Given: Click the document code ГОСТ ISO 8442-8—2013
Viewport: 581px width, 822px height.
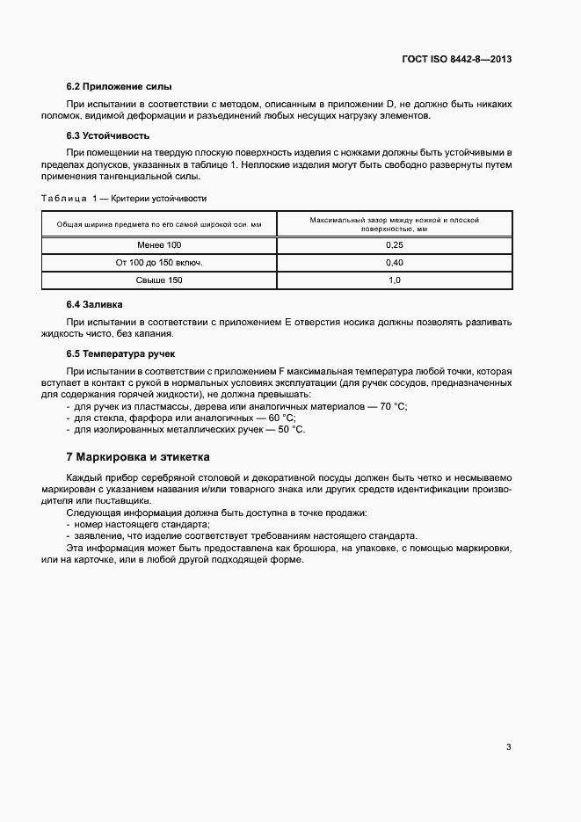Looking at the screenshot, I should click(x=455, y=60).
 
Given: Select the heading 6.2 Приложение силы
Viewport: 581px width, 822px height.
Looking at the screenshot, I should click(x=119, y=86).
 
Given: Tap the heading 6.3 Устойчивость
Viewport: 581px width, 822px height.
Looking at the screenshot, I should click(x=108, y=135).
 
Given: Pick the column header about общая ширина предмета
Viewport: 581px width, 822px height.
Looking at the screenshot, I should click(x=159, y=224).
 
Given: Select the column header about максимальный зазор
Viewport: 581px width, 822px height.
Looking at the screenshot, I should click(x=394, y=223).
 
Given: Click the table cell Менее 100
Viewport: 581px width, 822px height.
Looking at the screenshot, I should click(x=159, y=246).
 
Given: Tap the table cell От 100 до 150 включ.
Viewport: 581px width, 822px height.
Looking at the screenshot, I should click(x=159, y=263).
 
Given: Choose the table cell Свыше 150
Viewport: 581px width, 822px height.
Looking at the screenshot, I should click(x=159, y=280).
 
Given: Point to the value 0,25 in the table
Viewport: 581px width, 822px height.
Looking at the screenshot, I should click(x=394, y=246).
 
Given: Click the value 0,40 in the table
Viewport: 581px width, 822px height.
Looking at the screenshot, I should click(x=394, y=263).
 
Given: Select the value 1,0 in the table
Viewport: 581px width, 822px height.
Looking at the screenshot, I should click(x=394, y=280).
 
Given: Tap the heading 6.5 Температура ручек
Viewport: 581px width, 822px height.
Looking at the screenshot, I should click(x=121, y=353).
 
